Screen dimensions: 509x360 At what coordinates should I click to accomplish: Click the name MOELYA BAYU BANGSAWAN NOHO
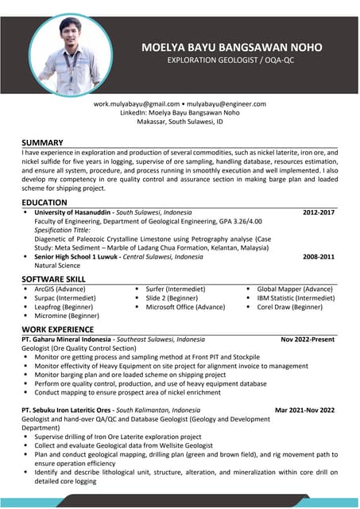231,47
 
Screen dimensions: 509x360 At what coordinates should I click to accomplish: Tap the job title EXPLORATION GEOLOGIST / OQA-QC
231,60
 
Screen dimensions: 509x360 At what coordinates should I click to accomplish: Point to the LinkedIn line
180,114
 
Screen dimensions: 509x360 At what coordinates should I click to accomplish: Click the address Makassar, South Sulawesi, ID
180,123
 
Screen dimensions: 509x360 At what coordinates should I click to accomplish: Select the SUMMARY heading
43,142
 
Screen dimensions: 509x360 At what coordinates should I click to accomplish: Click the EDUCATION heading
45,204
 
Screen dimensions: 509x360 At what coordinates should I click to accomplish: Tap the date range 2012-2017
319,213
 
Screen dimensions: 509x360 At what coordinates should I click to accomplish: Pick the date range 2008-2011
319,257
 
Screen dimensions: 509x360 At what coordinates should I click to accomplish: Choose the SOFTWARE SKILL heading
54,279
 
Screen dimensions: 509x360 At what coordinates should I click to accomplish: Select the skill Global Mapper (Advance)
295,289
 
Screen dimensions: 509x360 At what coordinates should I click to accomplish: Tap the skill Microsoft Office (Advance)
186,307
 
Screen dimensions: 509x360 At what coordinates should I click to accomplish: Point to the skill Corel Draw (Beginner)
289,307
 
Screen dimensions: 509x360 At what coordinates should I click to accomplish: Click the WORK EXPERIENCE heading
58,328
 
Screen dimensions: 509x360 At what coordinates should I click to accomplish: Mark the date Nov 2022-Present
308,340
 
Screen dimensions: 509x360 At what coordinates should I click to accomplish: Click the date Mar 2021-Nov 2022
304,410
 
